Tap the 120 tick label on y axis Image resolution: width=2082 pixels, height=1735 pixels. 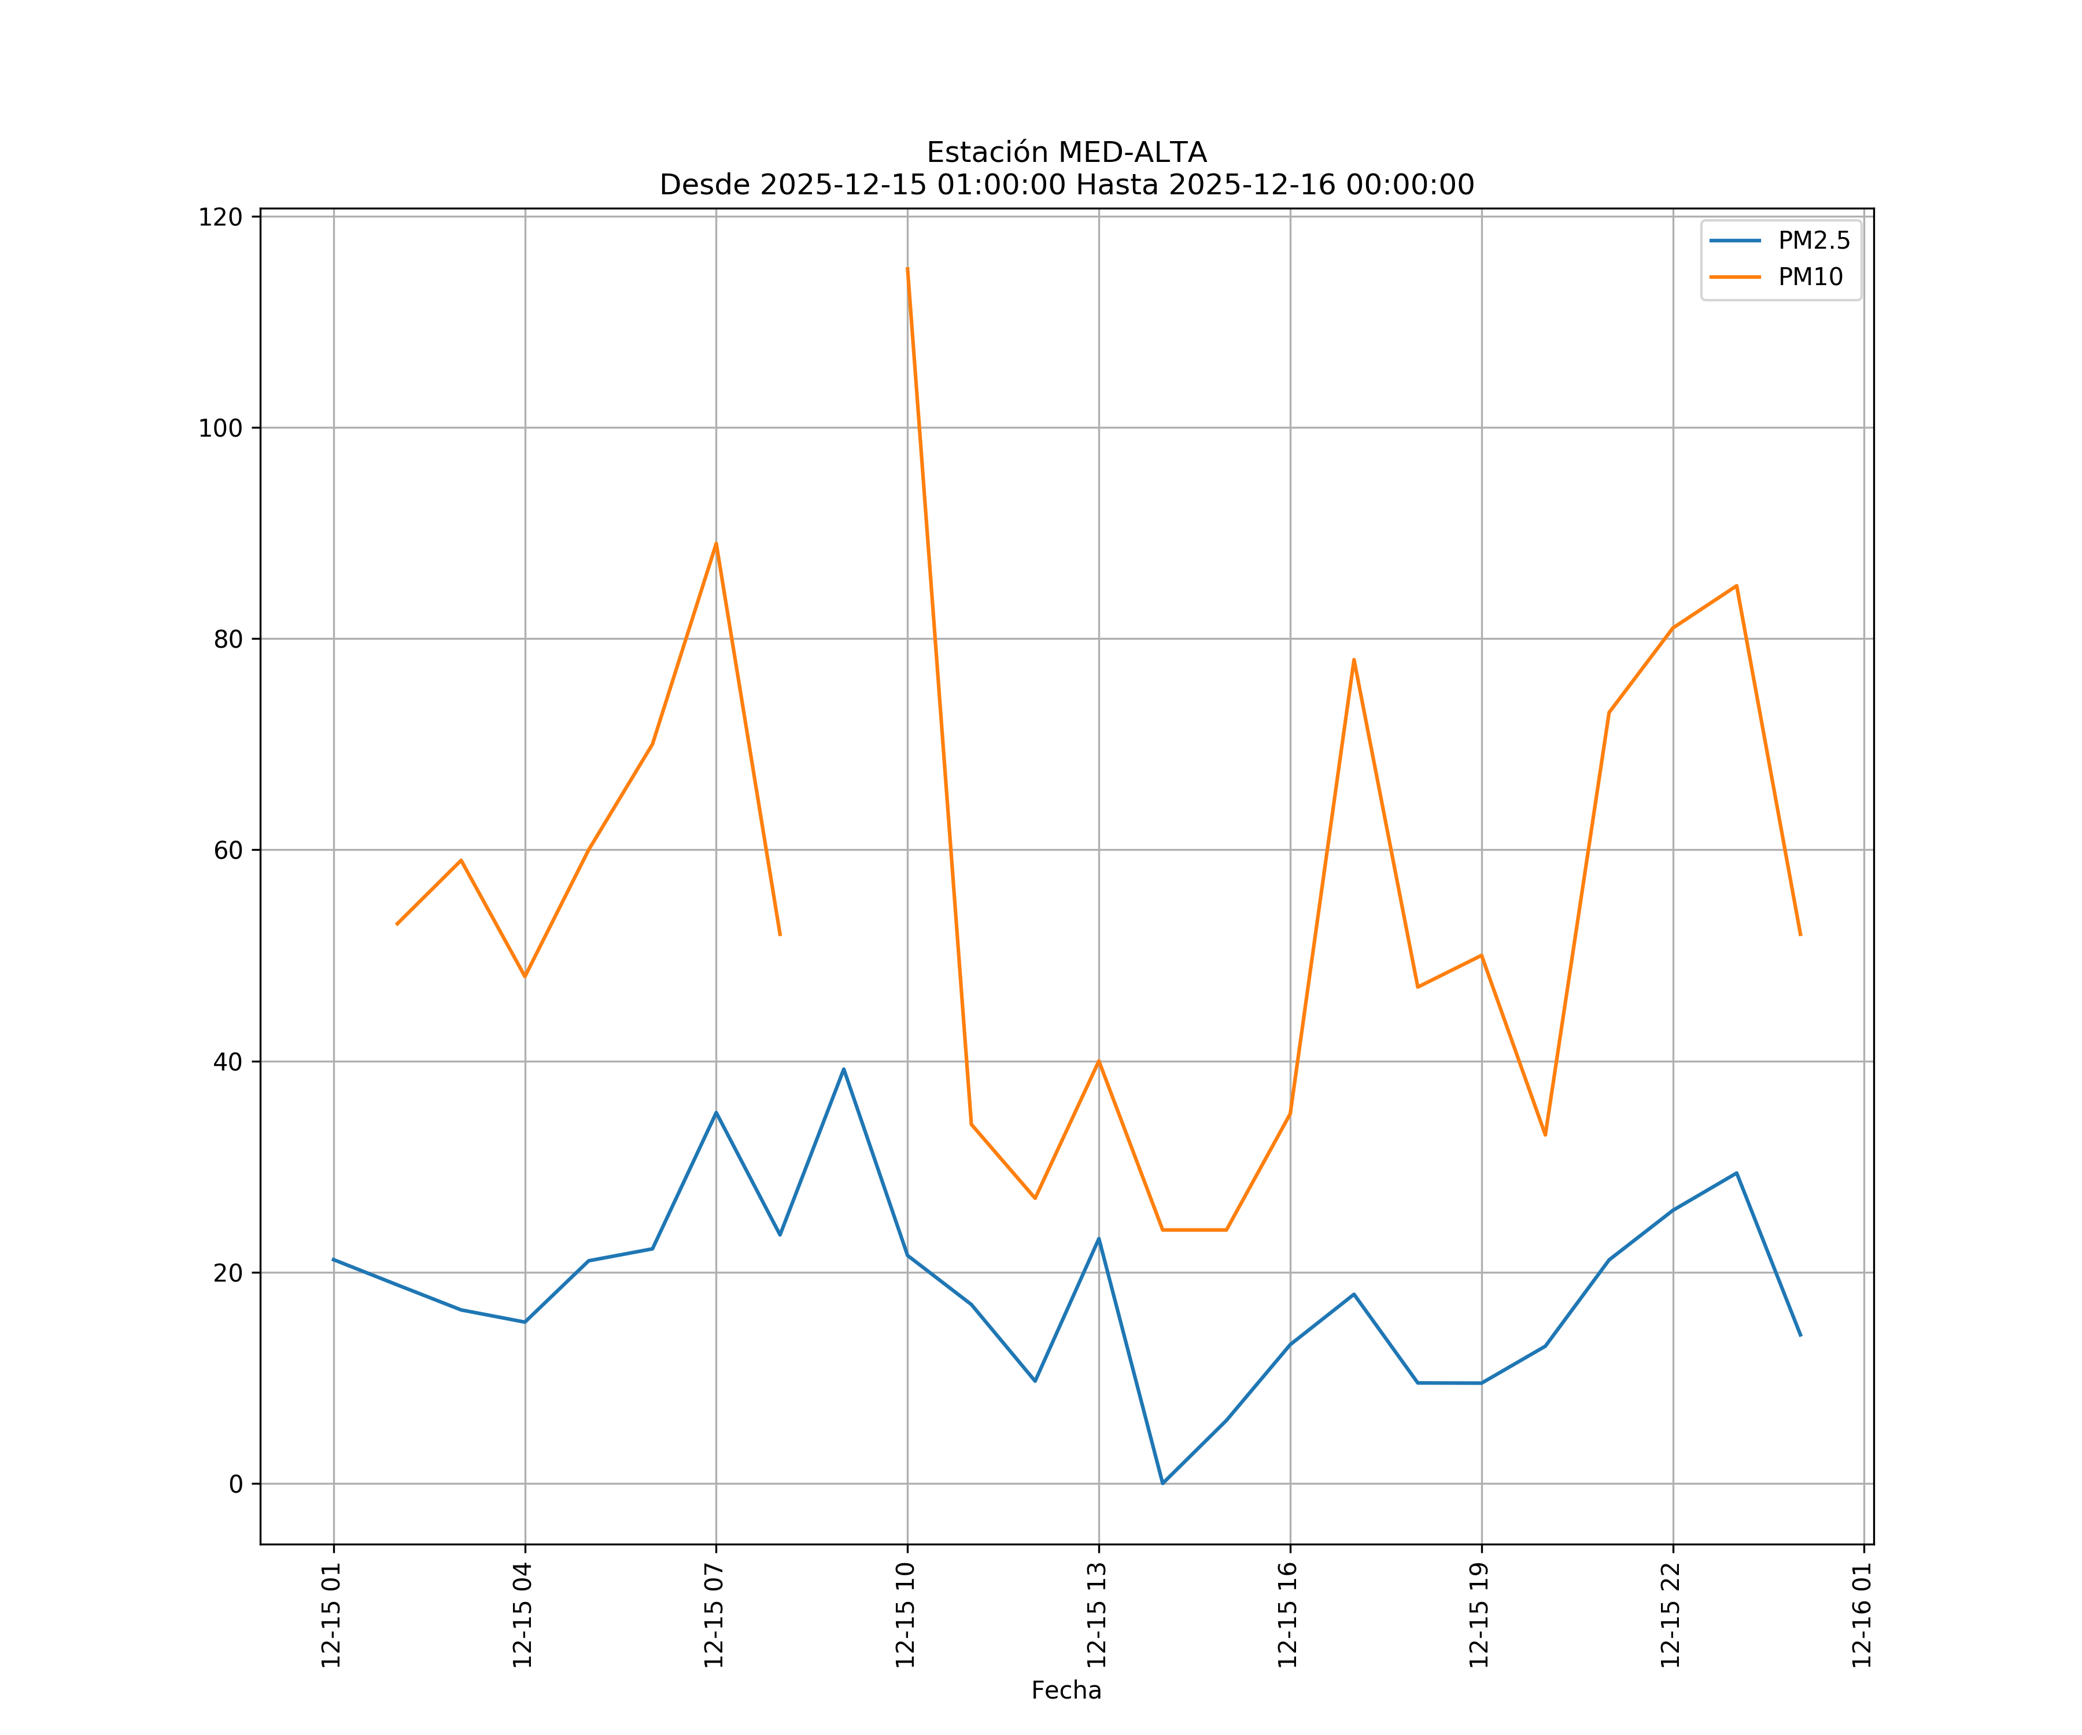[x=220, y=217]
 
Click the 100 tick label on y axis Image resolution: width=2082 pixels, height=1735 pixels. [x=220, y=429]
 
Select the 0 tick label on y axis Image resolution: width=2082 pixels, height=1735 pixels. [x=236, y=1484]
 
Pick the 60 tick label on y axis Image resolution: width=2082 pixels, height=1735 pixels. [x=228, y=851]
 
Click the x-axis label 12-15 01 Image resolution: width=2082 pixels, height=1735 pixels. [x=332, y=1615]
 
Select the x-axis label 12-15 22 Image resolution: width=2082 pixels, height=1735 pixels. [x=1671, y=1615]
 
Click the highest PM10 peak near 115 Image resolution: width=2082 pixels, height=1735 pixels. [x=907, y=269]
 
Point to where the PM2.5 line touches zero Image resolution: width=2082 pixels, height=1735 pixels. [x=1163, y=1483]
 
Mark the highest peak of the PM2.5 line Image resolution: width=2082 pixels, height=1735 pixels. [x=844, y=1069]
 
